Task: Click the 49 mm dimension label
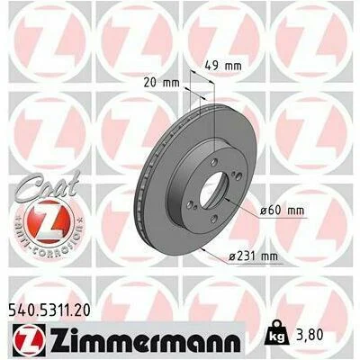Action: click(x=223, y=66)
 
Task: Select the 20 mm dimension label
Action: click(x=161, y=82)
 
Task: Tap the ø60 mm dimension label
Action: click(x=282, y=211)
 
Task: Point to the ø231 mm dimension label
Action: click(x=253, y=256)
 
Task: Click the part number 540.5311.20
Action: click(x=48, y=310)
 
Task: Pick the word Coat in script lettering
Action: click(x=48, y=185)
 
